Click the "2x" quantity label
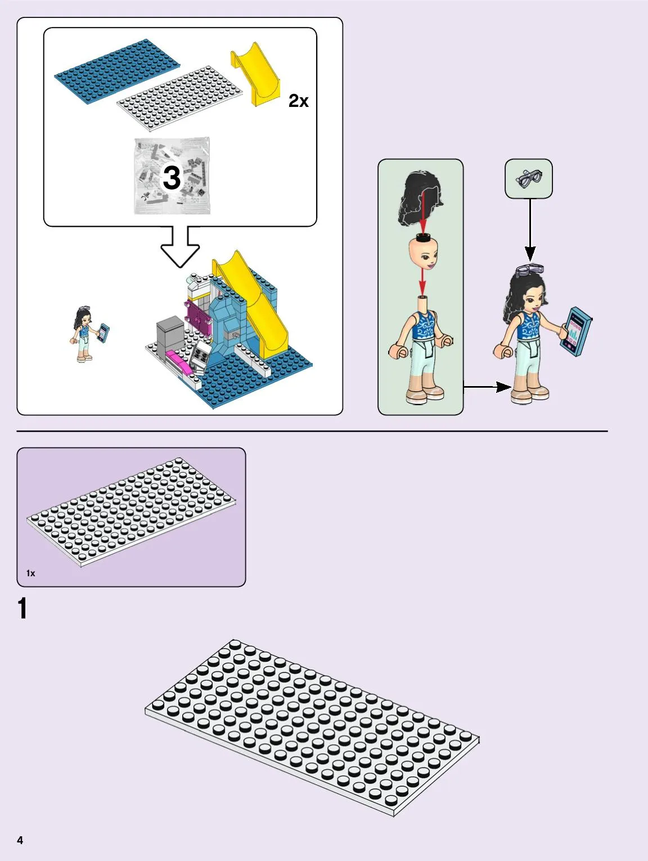point(298,101)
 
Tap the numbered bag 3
point(172,176)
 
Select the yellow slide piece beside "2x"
point(256,73)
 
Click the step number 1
point(22,609)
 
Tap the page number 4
point(20,840)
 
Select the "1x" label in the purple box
point(31,573)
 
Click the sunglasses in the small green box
point(529,178)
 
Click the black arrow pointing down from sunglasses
point(530,231)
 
